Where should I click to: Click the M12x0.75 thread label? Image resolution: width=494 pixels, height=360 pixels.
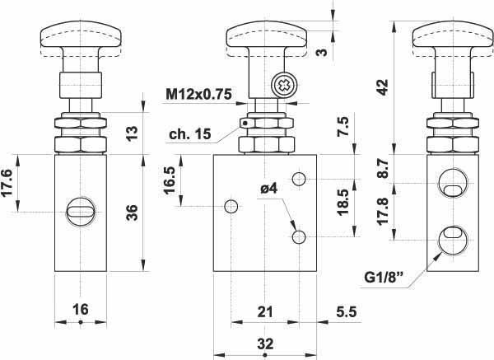click(198, 94)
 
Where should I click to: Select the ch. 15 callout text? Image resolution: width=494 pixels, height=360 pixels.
click(189, 134)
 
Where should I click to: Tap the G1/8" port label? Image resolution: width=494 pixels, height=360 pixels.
click(384, 278)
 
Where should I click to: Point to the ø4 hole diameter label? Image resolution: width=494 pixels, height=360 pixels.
click(268, 189)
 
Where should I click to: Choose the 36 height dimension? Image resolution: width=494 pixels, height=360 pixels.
click(133, 213)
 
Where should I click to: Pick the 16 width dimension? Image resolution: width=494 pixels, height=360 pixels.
click(81, 309)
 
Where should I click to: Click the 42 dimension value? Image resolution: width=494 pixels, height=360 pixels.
click(383, 87)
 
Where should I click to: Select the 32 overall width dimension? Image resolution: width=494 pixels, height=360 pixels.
click(265, 344)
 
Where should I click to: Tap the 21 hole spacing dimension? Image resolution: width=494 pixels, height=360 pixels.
click(265, 311)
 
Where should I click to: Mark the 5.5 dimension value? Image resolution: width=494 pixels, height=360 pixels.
click(347, 311)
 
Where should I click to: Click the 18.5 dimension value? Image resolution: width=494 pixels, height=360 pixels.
click(343, 202)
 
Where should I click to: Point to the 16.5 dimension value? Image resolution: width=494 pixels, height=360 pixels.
click(169, 180)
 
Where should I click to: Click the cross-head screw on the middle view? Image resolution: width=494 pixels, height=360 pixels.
click(284, 85)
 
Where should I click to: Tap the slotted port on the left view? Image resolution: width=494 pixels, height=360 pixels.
click(81, 212)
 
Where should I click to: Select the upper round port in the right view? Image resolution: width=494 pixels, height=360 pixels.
click(452, 183)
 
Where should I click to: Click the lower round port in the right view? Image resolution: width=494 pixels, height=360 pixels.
click(452, 241)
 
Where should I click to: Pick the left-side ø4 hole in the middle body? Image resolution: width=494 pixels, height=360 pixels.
click(231, 207)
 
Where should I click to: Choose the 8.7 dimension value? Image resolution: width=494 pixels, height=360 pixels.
click(383, 168)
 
